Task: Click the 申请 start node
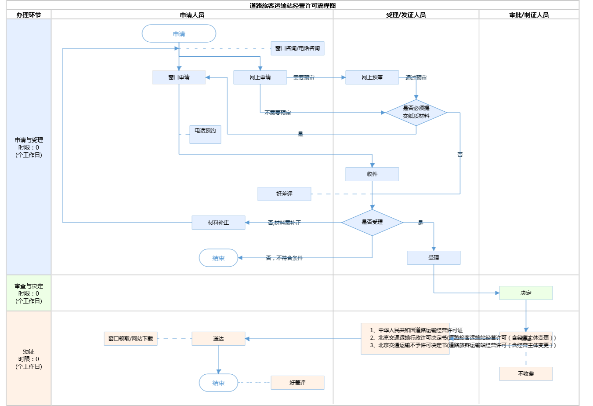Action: point(179,33)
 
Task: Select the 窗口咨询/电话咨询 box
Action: point(297,48)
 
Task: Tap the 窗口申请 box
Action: point(179,77)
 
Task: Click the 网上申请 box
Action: point(260,77)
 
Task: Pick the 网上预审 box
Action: point(372,77)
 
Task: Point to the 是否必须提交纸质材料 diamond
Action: point(416,113)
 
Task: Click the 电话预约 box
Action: point(205,134)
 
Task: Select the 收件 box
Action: point(372,174)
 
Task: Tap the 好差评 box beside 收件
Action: point(284,194)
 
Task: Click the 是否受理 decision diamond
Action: point(372,223)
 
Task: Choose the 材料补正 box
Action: point(218,223)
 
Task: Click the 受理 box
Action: point(434,258)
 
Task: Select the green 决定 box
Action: point(526,293)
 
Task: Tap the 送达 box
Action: point(218,339)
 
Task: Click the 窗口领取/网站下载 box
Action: point(130,339)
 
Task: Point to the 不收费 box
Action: point(526,374)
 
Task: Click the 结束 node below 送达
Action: point(218,383)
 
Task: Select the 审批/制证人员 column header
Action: point(529,15)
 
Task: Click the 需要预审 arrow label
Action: point(304,78)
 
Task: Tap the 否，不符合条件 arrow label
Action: point(284,258)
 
